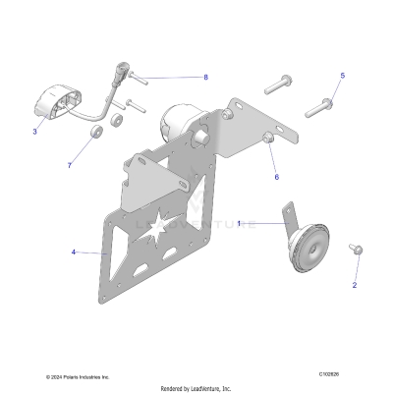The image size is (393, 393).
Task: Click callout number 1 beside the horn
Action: click(238, 224)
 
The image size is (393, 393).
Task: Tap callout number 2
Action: click(355, 285)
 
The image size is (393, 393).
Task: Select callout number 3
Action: click(34, 131)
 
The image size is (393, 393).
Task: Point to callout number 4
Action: click(73, 253)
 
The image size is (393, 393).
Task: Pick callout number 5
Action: click(343, 76)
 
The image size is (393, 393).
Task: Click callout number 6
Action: click(276, 177)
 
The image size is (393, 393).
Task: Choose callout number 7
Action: click(69, 165)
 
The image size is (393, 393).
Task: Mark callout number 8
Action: click(205, 77)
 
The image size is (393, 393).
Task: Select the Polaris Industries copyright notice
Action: click(78, 376)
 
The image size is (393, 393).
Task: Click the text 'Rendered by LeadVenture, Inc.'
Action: click(196, 387)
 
